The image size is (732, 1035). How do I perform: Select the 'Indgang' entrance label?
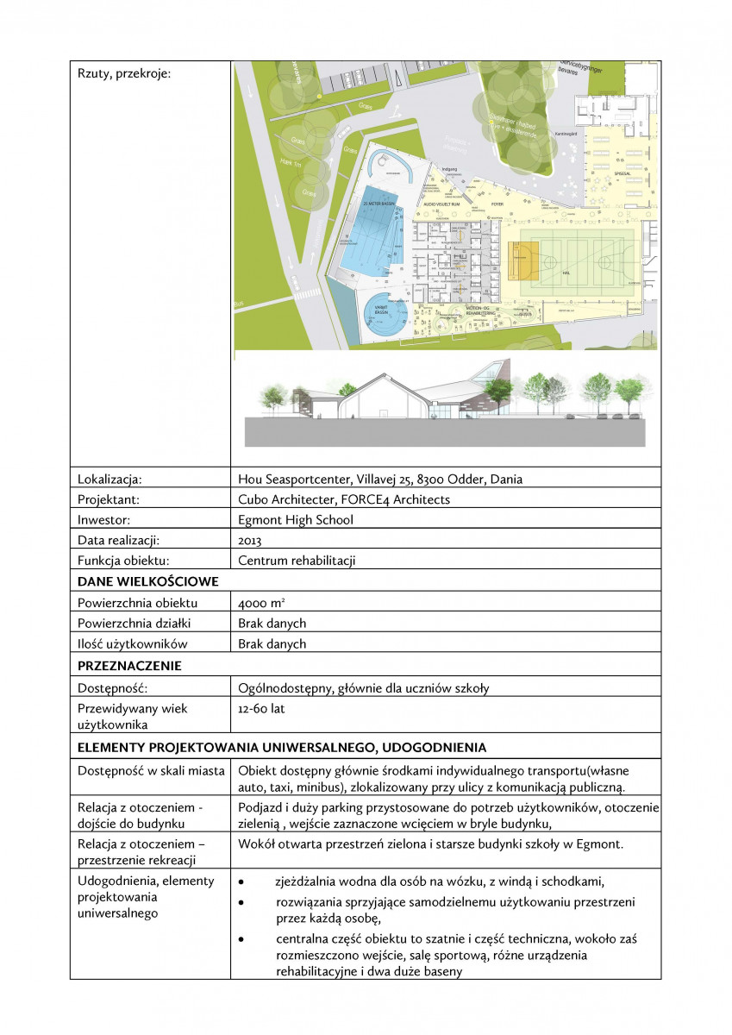click(x=448, y=170)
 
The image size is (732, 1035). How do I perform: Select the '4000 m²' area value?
click(x=256, y=603)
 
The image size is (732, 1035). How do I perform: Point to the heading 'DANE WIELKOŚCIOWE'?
click(x=147, y=582)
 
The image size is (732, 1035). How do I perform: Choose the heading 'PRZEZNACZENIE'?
click(x=130, y=666)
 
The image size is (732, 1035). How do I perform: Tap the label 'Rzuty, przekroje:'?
click(x=124, y=73)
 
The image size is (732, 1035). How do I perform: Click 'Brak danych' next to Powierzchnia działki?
click(x=272, y=624)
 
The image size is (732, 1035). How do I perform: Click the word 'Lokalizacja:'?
click(x=109, y=480)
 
